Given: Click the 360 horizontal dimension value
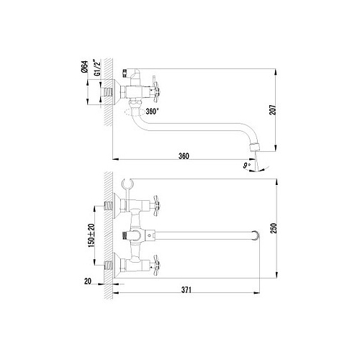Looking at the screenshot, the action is [184, 156].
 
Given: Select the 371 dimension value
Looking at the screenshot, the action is [186, 290].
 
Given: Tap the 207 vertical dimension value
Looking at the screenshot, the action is [273, 110].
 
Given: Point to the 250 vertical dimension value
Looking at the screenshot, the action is [274, 228].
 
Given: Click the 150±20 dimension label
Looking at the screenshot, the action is [91, 235].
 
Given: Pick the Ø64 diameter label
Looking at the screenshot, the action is [84, 67].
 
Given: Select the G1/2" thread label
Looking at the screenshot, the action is [98, 68].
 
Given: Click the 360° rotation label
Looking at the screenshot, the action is [152, 112].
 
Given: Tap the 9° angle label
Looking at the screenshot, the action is [246, 166].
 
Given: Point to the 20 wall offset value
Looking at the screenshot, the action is [88, 281].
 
